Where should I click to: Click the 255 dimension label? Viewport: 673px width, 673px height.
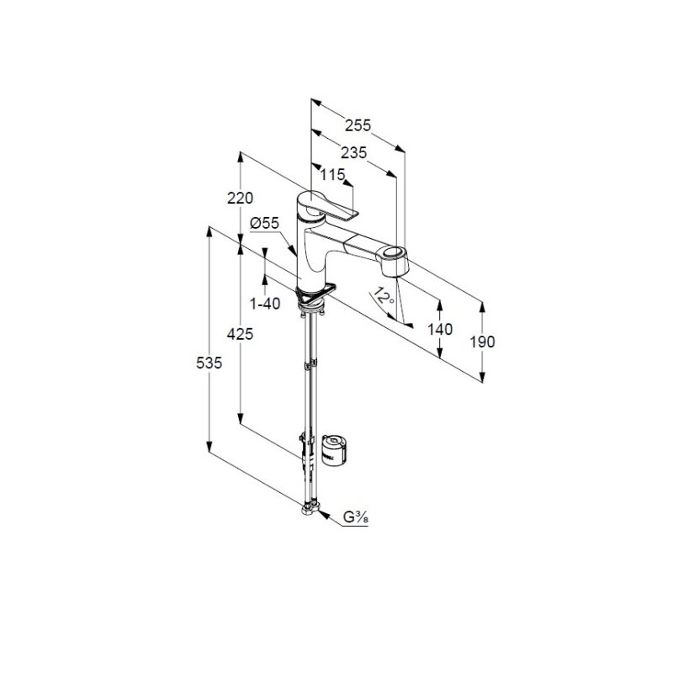pyautogui.click(x=358, y=125)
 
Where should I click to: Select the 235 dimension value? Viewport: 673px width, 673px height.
pyautogui.click(x=354, y=152)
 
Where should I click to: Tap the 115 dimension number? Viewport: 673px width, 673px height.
pyautogui.click(x=332, y=174)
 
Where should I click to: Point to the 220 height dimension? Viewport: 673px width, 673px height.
pyautogui.click(x=241, y=198)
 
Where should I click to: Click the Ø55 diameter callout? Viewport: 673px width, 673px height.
pyautogui.click(x=264, y=223)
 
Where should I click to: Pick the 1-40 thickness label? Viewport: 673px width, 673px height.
pyautogui.click(x=265, y=304)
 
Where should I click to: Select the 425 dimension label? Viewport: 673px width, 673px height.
pyautogui.click(x=240, y=333)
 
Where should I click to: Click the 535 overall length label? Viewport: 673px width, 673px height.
pyautogui.click(x=209, y=363)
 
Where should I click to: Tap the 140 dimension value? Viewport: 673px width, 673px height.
pyautogui.click(x=440, y=329)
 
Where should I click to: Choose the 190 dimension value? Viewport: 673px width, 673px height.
pyautogui.click(x=482, y=342)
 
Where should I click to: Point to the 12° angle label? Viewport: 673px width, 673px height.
pyautogui.click(x=384, y=296)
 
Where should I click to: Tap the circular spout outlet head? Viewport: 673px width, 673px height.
pyautogui.click(x=391, y=260)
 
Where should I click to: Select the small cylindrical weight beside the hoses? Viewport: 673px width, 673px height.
pyautogui.click(x=333, y=449)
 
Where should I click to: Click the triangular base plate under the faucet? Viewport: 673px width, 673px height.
pyautogui.click(x=315, y=292)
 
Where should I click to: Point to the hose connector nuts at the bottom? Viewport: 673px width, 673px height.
pyautogui.click(x=311, y=509)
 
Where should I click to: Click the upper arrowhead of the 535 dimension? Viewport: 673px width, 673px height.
pyautogui.click(x=209, y=231)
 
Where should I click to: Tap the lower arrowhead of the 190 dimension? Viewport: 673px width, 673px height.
pyautogui.click(x=483, y=377)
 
